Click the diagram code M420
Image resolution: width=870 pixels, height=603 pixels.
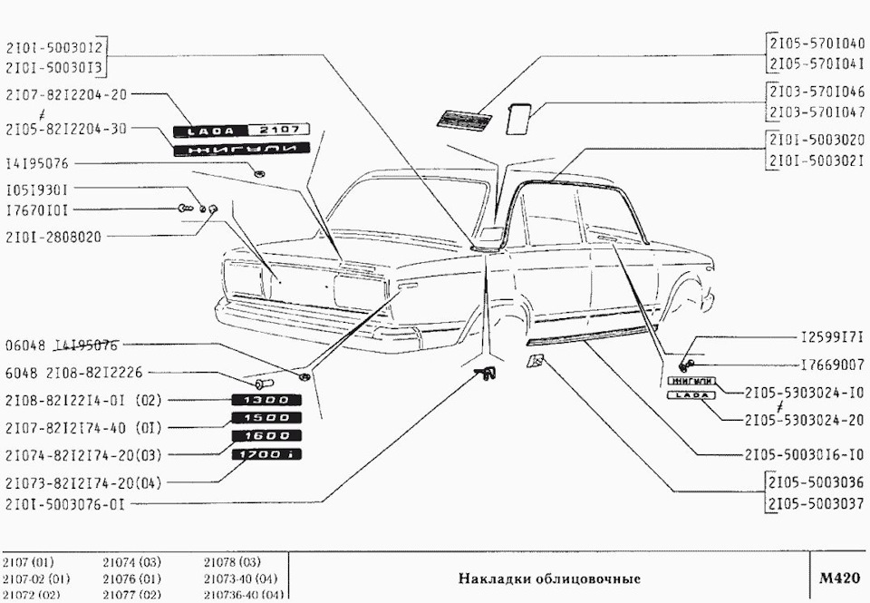tap(837, 578)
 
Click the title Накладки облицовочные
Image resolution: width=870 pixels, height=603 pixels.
tap(549, 579)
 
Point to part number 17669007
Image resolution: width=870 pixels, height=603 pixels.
tap(832, 365)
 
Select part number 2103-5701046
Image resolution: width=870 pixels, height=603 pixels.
tap(817, 92)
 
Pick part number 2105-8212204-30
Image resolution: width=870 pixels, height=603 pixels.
tap(65, 129)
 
